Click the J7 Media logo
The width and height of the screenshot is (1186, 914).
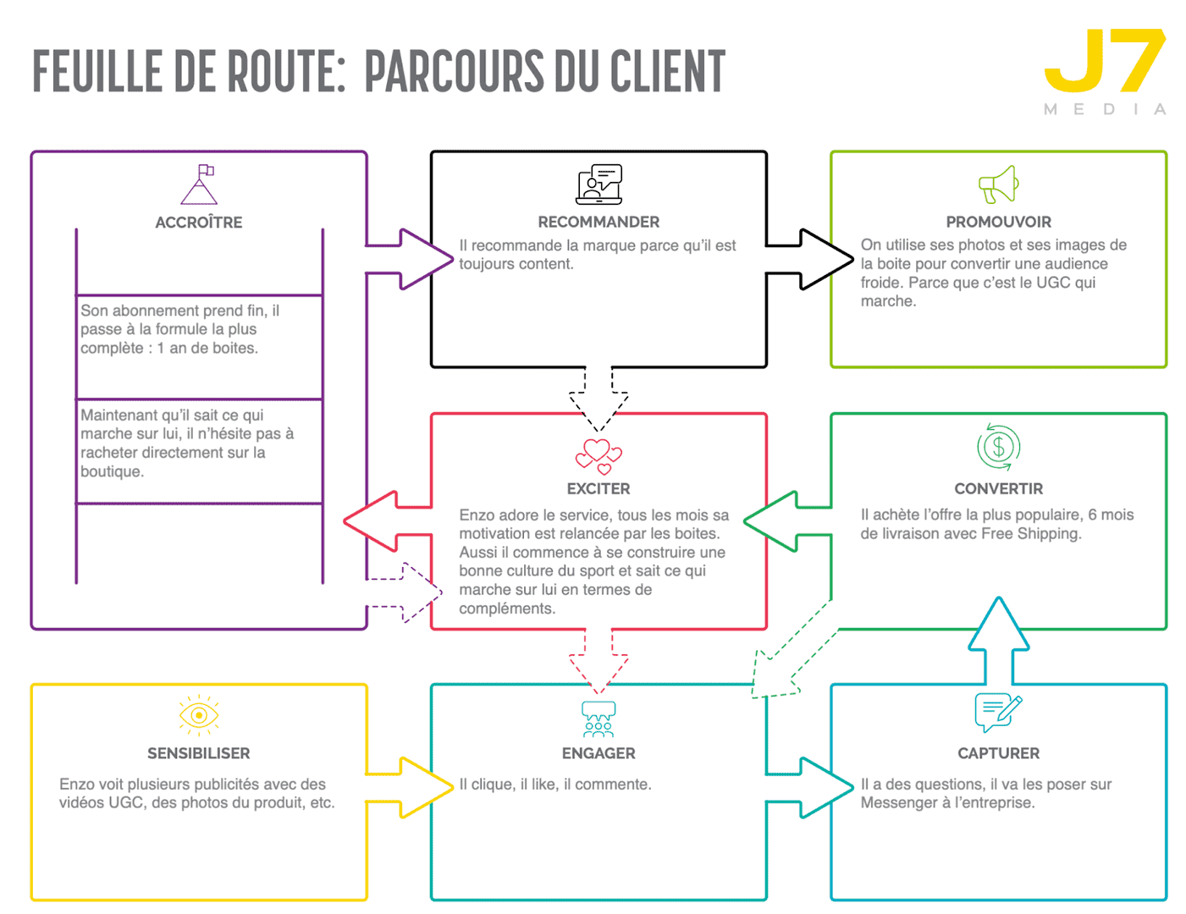tap(1106, 71)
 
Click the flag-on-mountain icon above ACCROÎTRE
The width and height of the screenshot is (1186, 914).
tap(199, 184)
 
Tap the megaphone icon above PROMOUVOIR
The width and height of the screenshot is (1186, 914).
tap(998, 184)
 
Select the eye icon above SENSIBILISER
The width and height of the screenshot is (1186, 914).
tap(199, 715)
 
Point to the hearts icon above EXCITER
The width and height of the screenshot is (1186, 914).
tap(599, 456)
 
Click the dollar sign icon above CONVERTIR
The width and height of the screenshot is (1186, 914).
tap(999, 447)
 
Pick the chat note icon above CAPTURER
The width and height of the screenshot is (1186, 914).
tap(998, 713)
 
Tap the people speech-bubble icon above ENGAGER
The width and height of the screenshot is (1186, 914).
tap(599, 719)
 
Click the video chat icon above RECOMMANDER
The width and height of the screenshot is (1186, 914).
tap(599, 184)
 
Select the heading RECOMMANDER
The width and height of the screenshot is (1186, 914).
tap(599, 222)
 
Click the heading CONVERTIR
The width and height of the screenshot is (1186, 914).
tap(998, 488)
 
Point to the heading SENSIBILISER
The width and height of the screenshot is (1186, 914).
tap(199, 753)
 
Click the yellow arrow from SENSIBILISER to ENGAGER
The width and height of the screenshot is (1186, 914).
tap(411, 787)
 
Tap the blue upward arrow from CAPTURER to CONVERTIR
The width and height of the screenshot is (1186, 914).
tap(999, 639)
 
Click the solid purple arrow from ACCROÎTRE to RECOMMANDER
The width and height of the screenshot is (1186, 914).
tap(411, 259)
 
